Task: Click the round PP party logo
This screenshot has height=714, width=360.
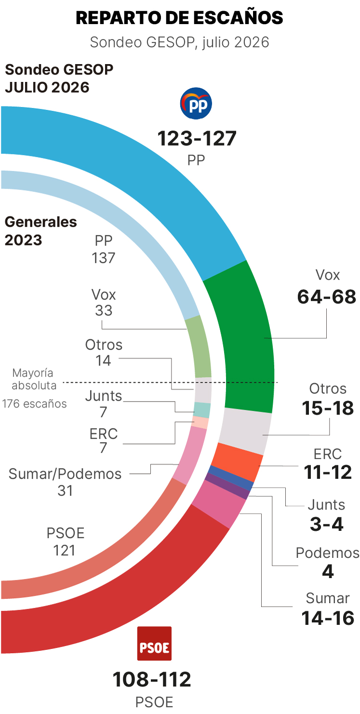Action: pyautogui.click(x=196, y=103)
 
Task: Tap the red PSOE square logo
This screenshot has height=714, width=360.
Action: pyautogui.click(x=154, y=643)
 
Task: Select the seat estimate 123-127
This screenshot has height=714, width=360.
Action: pyautogui.click(x=197, y=139)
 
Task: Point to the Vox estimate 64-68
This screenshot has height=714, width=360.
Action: pyautogui.click(x=327, y=297)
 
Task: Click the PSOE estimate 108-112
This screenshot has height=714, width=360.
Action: pyautogui.click(x=152, y=679)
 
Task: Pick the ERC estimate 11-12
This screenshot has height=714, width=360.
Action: pyautogui.click(x=328, y=472)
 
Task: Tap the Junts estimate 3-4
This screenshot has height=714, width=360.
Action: pyautogui.click(x=327, y=524)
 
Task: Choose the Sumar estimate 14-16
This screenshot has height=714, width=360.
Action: pyautogui.click(x=328, y=618)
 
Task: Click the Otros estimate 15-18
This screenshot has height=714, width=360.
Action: pyautogui.click(x=328, y=408)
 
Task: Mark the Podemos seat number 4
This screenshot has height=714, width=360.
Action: pyautogui.click(x=328, y=571)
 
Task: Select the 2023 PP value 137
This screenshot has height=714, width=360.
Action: pyautogui.click(x=103, y=258)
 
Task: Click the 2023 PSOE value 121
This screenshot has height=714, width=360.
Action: pyautogui.click(x=65, y=551)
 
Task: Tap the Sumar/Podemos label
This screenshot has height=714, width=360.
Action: pyautogui.click(x=65, y=474)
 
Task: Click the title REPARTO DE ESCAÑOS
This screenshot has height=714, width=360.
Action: pyautogui.click(x=179, y=17)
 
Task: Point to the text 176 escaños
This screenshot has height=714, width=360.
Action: pyautogui.click(x=34, y=404)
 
